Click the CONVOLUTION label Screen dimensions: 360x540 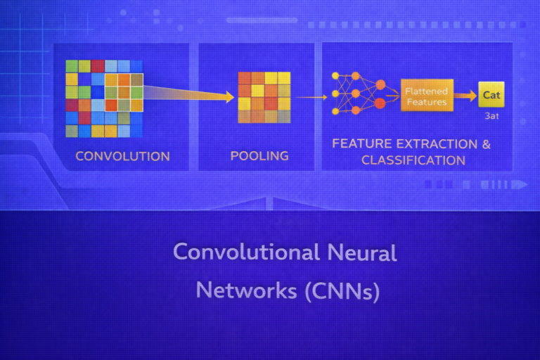pyautogui.click(x=122, y=156)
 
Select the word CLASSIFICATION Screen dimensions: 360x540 pyautogui.click(x=413, y=160)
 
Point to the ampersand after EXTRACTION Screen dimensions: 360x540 pyautogui.click(x=485, y=144)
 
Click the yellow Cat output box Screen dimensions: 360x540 pyautogui.click(x=491, y=96)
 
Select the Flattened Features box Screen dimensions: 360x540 pyautogui.click(x=426, y=97)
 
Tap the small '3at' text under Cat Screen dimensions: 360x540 pyautogui.click(x=491, y=116)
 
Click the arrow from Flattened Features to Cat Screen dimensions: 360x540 pyautogui.click(x=464, y=96)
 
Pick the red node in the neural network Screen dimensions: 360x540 pyautogui.click(x=380, y=104)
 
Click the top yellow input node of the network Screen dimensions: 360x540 pyautogui.click(x=335, y=76)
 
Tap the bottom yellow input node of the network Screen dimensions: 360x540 pyautogui.click(x=335, y=111)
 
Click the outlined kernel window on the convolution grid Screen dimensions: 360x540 pyautogui.click(x=124, y=92)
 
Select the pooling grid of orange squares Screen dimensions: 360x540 pyautogui.click(x=264, y=97)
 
